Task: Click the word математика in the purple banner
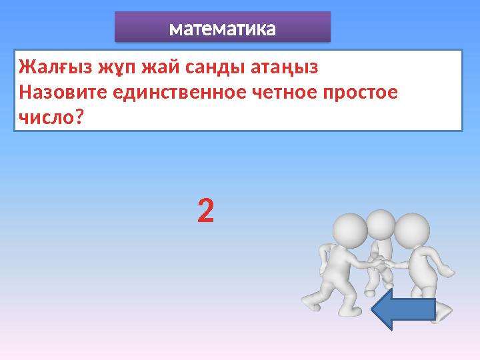222,29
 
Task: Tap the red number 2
206,212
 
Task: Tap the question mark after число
79,117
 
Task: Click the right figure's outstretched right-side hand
448,271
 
